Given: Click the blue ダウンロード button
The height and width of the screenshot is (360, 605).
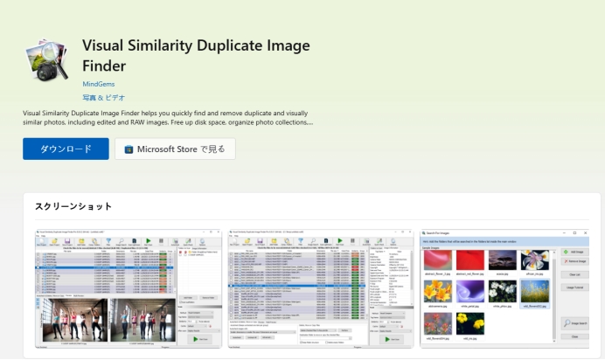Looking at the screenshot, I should (66, 149).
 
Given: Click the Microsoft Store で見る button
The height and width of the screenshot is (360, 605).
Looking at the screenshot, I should (175, 149).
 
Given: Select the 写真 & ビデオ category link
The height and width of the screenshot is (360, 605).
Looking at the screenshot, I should (103, 97).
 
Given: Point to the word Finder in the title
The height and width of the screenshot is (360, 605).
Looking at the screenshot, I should (104, 66).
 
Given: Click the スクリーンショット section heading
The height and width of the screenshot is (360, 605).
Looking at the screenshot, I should (73, 206).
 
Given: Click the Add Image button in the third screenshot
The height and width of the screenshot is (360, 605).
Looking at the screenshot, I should (574, 251).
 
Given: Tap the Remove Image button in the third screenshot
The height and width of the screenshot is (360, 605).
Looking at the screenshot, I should (574, 261).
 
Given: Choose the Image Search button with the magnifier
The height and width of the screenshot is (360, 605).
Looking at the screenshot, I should (574, 322).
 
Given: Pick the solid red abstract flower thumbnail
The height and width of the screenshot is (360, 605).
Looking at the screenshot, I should (469, 260).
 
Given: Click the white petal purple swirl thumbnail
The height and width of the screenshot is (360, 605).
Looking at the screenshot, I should (469, 291).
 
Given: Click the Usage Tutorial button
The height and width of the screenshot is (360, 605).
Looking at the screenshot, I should (574, 287).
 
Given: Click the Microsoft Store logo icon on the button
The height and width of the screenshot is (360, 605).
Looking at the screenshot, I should (129, 149).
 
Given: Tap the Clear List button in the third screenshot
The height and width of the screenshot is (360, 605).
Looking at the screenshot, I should (574, 275).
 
